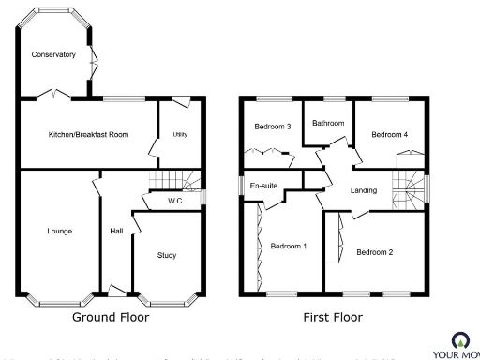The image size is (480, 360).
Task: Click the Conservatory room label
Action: [52, 55]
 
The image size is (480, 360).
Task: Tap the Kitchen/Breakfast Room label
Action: [88, 135]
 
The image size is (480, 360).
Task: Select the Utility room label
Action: [179, 135]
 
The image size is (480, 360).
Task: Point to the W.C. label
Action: [175, 201]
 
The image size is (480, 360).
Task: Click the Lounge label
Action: [60, 231]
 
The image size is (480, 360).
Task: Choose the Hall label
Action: [116, 231]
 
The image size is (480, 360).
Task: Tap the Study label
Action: [167, 255]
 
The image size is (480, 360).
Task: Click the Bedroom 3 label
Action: [270, 127]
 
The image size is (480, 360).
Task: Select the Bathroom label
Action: [328, 124]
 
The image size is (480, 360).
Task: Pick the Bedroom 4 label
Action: [389, 135]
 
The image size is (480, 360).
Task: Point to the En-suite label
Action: [263, 186]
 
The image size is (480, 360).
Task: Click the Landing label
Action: [363, 190]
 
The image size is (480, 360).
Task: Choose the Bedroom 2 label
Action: [374, 251]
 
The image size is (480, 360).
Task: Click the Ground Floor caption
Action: [111, 318]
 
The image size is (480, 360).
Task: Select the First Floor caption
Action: [332, 318]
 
